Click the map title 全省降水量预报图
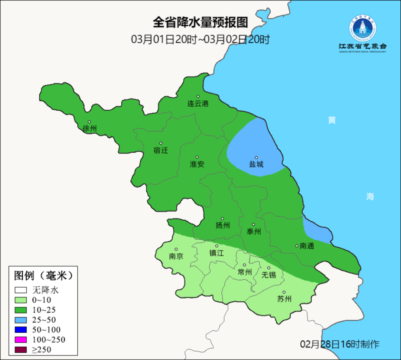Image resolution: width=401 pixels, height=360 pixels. [200, 22]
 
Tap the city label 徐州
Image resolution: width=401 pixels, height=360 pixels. [90, 129]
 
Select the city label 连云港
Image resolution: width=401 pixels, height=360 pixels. [198, 104]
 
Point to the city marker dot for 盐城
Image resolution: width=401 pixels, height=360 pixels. [256, 158]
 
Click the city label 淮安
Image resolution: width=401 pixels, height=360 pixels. [197, 164]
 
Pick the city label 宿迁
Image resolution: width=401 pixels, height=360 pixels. [161, 150]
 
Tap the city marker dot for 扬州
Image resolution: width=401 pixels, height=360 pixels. [222, 219]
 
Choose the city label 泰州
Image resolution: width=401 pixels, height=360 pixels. [254, 231]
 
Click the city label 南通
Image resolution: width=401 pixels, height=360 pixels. [307, 246]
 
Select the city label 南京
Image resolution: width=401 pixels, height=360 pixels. [176, 256]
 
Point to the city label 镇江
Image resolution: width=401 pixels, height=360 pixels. [217, 253]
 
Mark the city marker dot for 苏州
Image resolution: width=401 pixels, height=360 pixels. [284, 292]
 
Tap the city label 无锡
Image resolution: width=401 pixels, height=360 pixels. [269, 275]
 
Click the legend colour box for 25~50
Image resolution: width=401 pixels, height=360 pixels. [21, 320]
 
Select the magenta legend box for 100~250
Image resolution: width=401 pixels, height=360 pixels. [21, 340]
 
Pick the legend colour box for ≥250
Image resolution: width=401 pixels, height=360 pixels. [21, 350]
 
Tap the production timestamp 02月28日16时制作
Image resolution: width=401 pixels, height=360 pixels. [340, 344]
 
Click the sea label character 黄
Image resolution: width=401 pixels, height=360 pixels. [332, 120]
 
